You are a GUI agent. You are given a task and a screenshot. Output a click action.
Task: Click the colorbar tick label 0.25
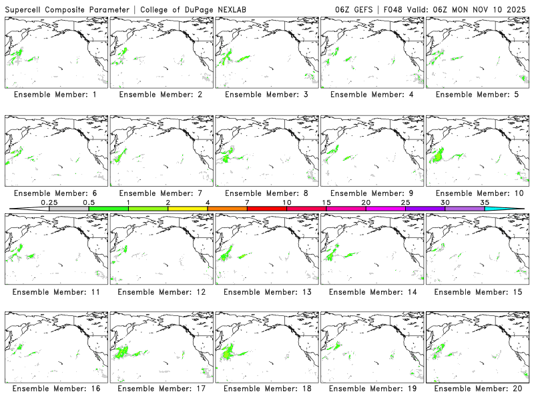(x=49, y=202)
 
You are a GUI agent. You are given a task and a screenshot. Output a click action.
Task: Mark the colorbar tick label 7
(x=247, y=202)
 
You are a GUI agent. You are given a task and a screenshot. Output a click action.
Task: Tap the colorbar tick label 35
(x=485, y=202)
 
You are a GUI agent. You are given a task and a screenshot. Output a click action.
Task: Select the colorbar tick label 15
(x=326, y=202)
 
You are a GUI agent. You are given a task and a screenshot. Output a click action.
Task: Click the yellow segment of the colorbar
(x=188, y=209)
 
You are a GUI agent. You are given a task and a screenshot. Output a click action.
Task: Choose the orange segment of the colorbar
(x=227, y=209)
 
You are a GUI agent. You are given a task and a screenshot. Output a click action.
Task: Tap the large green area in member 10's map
(x=439, y=157)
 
